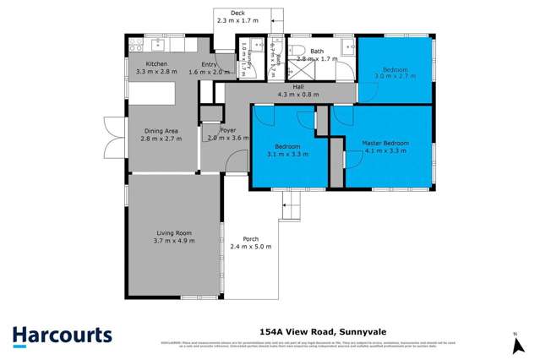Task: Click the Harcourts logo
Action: [x=62, y=335]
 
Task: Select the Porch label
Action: [x=250, y=238]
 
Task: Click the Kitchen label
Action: [x=156, y=64]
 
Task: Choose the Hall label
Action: [x=298, y=86]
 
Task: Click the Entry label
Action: [x=209, y=64]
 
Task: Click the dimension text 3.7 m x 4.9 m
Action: [x=175, y=241]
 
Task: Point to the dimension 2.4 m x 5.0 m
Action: [x=250, y=247]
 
